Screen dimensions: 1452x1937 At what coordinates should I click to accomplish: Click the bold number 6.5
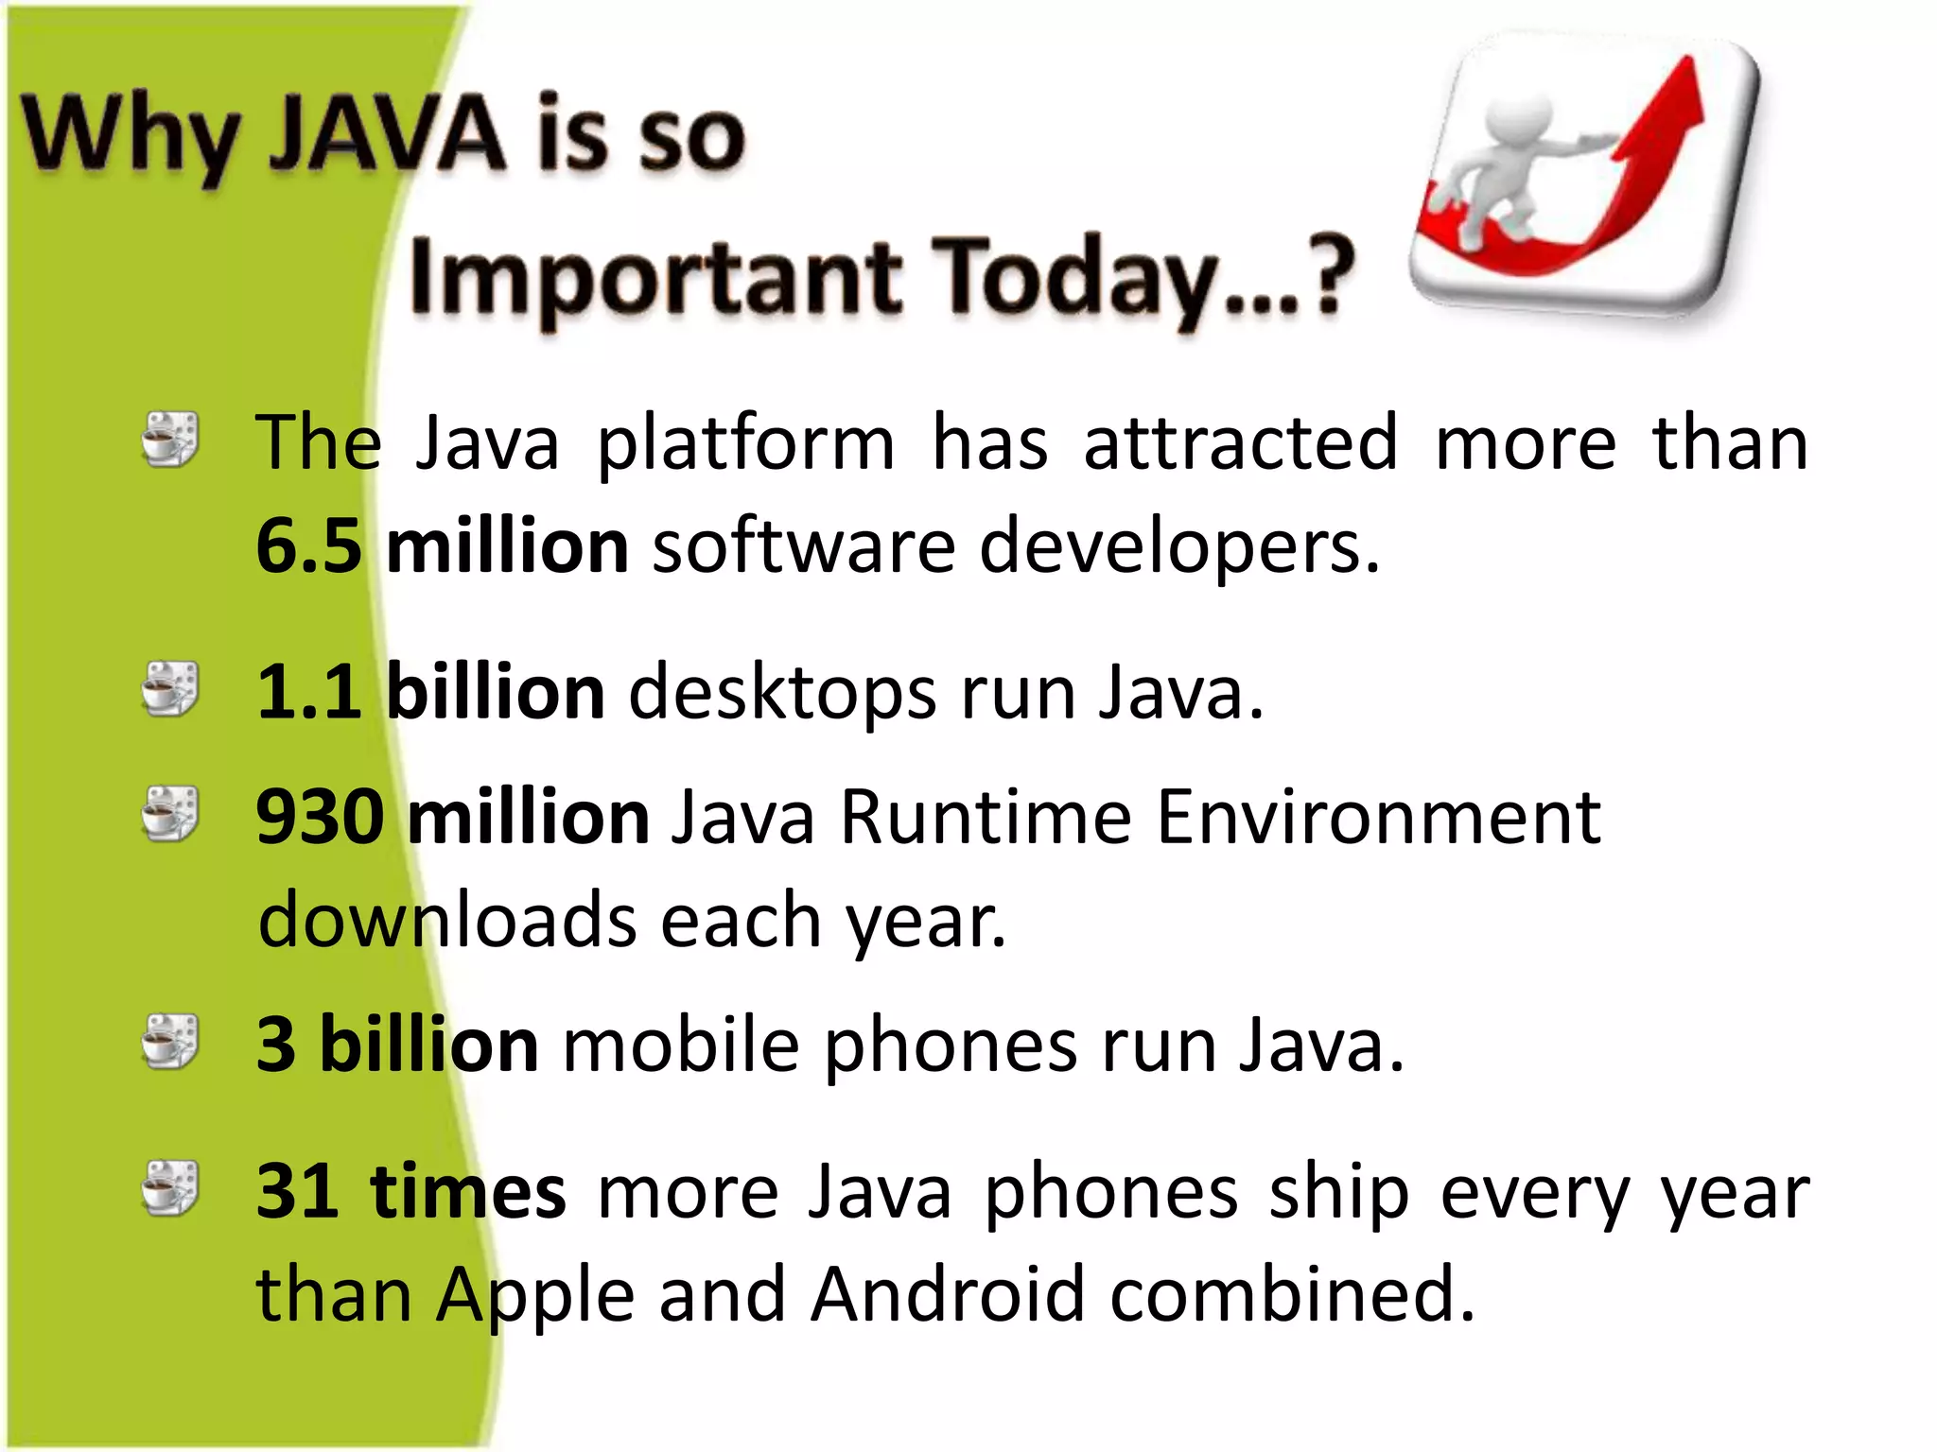(308, 546)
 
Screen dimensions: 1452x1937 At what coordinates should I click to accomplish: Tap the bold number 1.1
(308, 692)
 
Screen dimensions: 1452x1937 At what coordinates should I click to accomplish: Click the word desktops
(782, 692)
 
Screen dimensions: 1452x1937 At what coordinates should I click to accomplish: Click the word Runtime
(986, 817)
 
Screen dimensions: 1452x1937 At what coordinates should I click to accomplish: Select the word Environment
(1379, 817)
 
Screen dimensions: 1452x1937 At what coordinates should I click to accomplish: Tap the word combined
(1292, 1293)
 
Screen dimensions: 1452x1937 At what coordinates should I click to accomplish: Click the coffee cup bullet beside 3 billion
(170, 1042)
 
